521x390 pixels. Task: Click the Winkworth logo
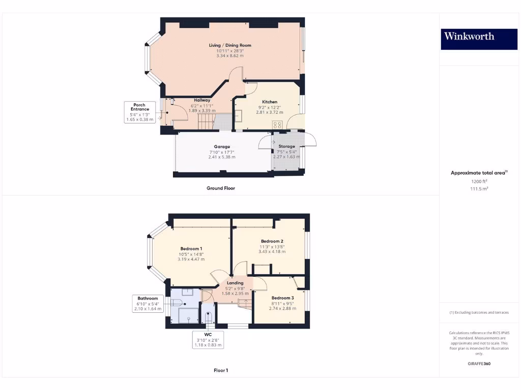[x=469, y=36]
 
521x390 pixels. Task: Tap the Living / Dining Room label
[x=230, y=45]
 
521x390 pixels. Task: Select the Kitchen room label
[x=270, y=102]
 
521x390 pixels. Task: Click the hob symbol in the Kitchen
[x=277, y=124]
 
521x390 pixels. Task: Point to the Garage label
[x=222, y=147]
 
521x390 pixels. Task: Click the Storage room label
[x=286, y=146]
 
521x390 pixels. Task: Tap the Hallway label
[x=202, y=100]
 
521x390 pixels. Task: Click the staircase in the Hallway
[x=206, y=121]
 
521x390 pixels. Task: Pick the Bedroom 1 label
[x=191, y=248]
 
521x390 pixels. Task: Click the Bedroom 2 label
[x=272, y=241]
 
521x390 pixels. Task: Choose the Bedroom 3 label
[x=282, y=298]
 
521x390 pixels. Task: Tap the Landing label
[x=235, y=283]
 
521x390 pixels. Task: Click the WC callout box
[x=208, y=340]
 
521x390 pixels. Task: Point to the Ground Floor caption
[x=221, y=188]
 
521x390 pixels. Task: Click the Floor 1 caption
[x=221, y=371]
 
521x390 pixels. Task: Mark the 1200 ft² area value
[x=479, y=181]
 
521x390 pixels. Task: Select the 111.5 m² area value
[x=479, y=188]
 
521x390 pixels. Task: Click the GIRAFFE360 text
[x=479, y=364]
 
